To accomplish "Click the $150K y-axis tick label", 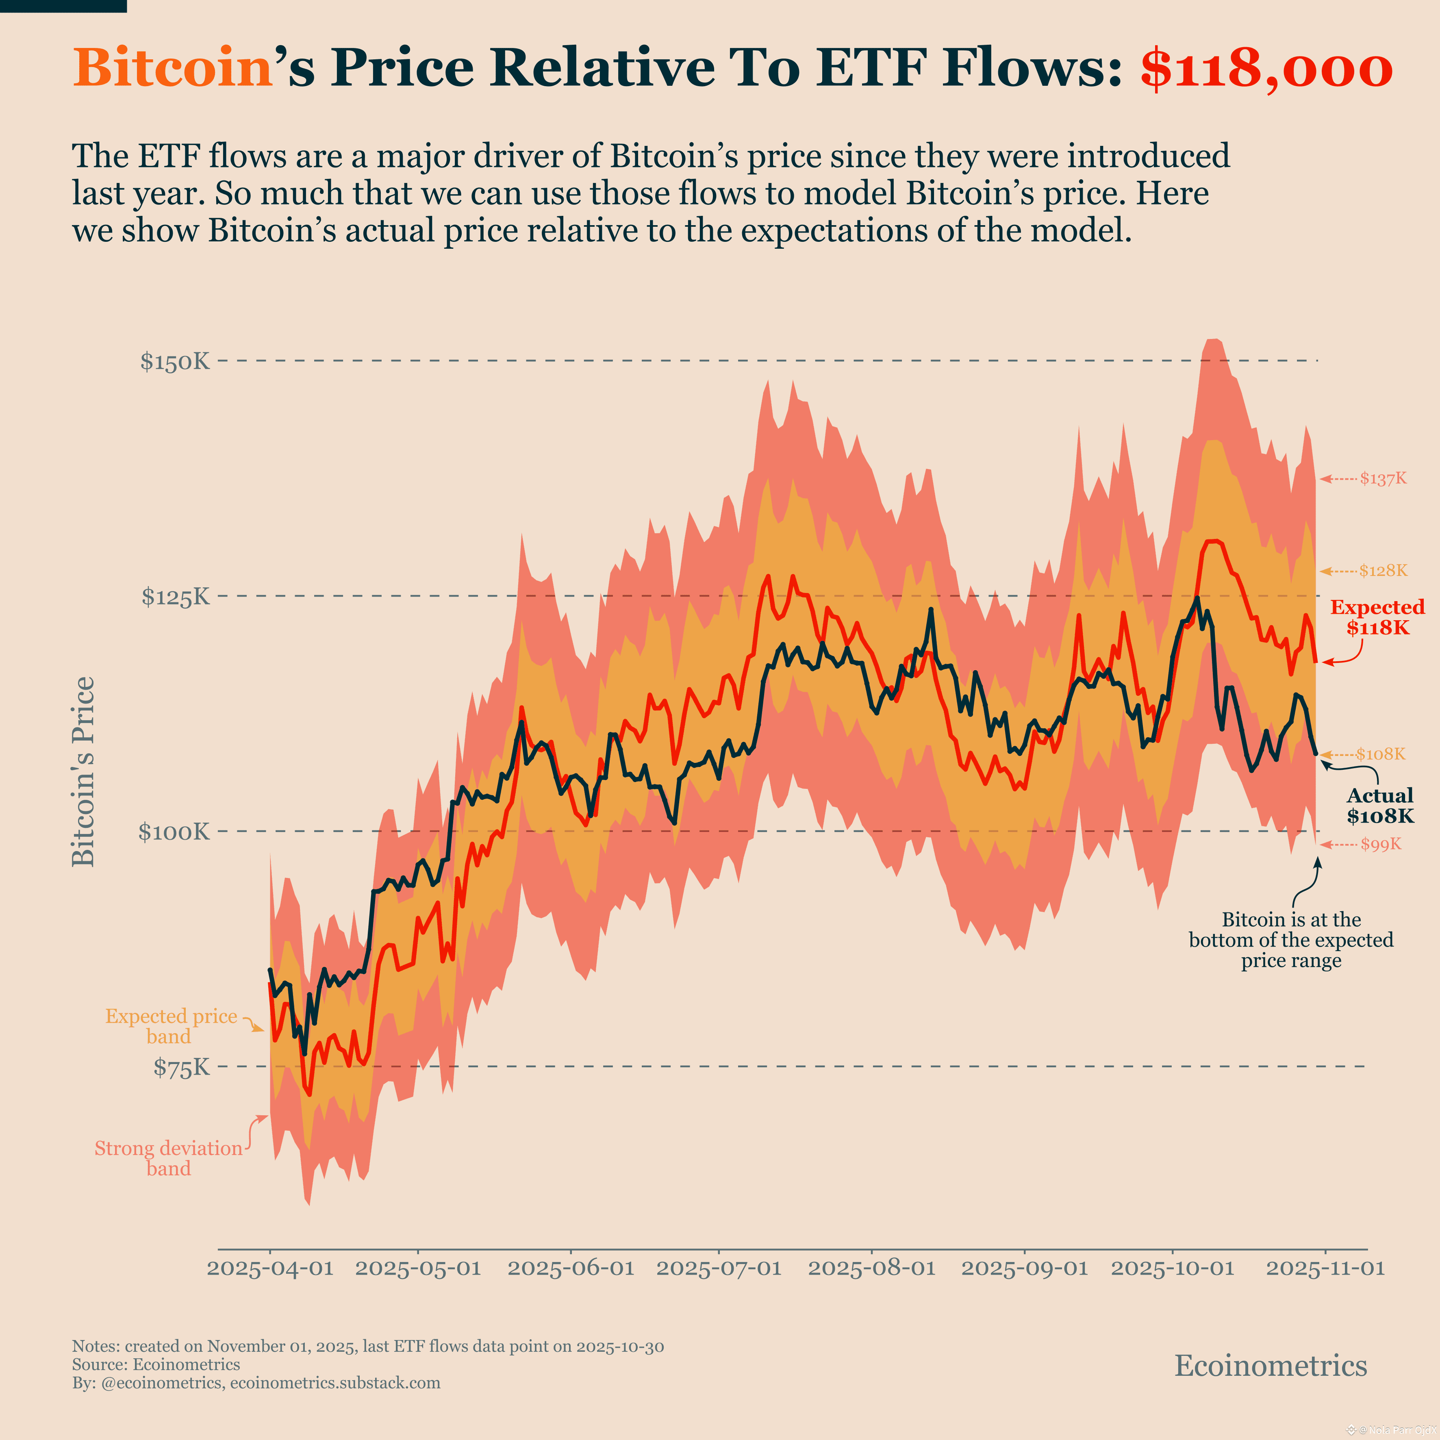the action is coord(175,362).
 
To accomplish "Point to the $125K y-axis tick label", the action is coord(176,597).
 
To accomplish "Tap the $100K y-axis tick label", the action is coord(174,832).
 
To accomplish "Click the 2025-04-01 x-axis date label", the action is coord(270,1268).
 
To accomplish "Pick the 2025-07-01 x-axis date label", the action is coord(719,1268).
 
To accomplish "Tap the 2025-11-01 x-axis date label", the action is coord(1325,1268).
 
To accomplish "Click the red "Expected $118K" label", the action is coord(1377,617).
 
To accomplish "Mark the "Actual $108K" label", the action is coord(1380,806).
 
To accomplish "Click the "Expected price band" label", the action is coord(171,1026).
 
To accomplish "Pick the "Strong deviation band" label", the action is coord(168,1158).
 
